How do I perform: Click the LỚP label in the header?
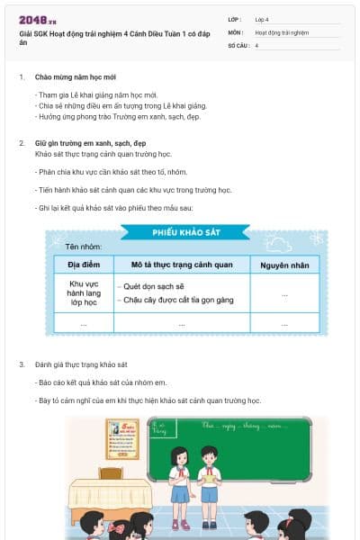pyautogui.click(x=235, y=19)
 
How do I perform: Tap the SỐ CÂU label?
pyautogui.click(x=238, y=44)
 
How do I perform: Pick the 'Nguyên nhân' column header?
pyautogui.click(x=284, y=265)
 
